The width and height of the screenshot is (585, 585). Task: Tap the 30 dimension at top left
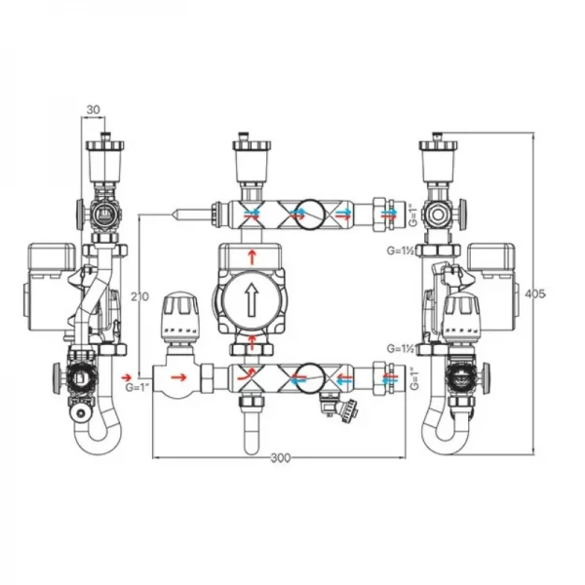[93, 110]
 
